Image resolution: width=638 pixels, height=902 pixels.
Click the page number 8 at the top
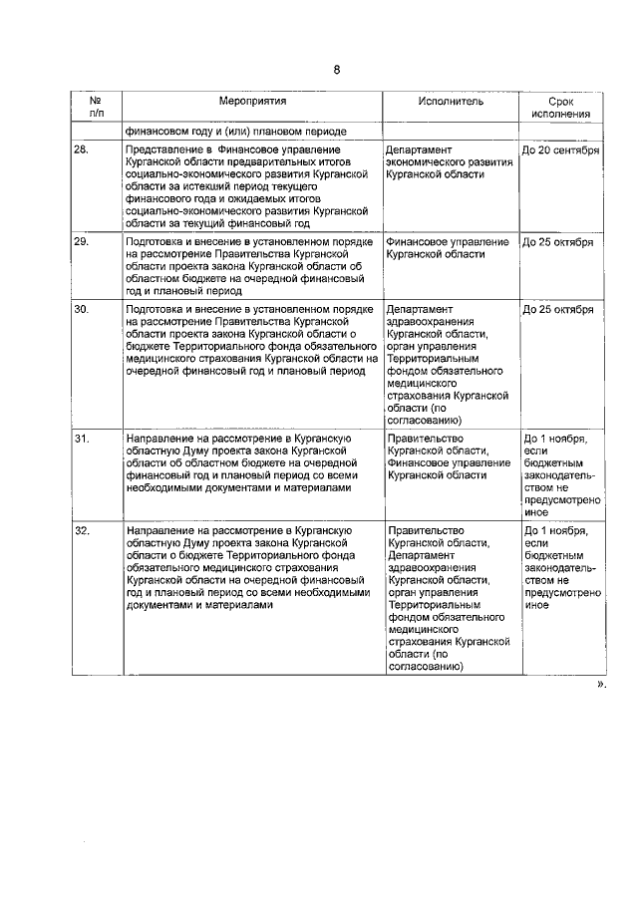point(337,69)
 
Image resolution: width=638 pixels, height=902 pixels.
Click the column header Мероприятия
point(253,102)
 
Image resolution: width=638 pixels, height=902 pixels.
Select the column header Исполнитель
point(451,102)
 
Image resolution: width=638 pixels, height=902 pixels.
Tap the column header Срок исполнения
point(561,108)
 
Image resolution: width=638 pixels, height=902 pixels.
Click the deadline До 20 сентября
point(561,150)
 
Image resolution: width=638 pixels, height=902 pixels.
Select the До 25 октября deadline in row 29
point(558,242)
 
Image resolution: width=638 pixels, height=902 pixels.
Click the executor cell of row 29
point(448,248)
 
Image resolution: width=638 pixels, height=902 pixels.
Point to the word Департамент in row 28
point(419,150)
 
